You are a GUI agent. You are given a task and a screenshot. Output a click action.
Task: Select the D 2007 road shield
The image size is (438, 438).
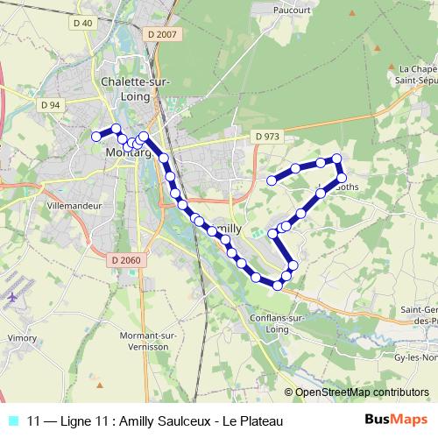point(163,33)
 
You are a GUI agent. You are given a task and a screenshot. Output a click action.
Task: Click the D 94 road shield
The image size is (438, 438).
point(50,105)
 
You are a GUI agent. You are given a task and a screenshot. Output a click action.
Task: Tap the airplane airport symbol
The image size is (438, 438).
point(12,297)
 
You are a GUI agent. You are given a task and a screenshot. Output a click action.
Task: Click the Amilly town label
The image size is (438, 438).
point(227,227)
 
